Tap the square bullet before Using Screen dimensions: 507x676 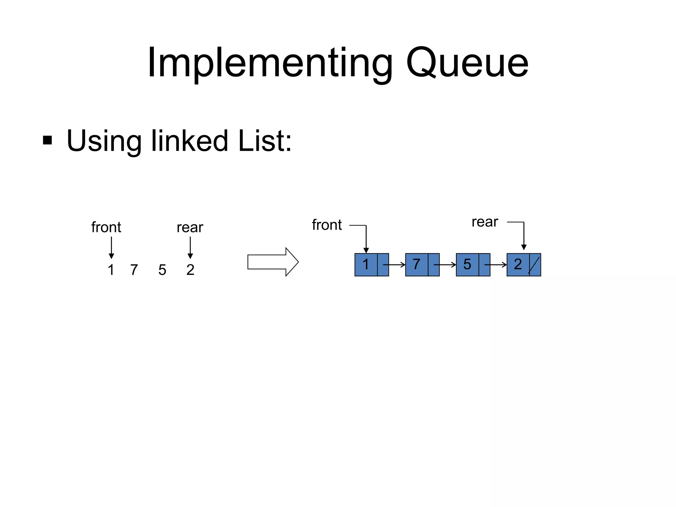point(48,140)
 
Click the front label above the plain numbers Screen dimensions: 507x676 point(106,227)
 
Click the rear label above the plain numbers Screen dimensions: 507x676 point(190,227)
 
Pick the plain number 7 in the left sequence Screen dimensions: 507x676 point(134,270)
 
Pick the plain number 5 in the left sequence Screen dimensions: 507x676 point(162,270)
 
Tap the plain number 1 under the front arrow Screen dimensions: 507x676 point(111,270)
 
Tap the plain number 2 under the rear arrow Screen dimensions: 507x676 point(190,270)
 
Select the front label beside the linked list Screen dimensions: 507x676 point(327,225)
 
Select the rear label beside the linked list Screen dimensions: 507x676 point(485,222)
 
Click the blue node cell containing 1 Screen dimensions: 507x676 point(366,264)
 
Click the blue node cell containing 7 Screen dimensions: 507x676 point(417,264)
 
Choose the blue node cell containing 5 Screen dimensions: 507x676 point(467,264)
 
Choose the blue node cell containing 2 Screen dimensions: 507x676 point(518,264)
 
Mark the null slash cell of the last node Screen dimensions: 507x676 point(535,264)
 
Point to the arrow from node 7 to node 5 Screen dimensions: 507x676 point(446,265)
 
